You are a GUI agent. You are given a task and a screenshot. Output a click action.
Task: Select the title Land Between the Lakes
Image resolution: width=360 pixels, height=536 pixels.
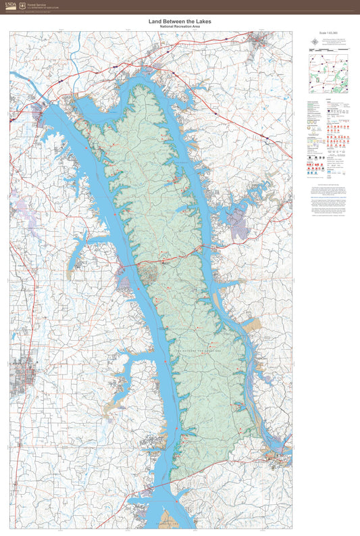[x=180, y=22]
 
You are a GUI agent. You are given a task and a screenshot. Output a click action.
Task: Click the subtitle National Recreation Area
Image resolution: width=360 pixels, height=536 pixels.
[x=180, y=26]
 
